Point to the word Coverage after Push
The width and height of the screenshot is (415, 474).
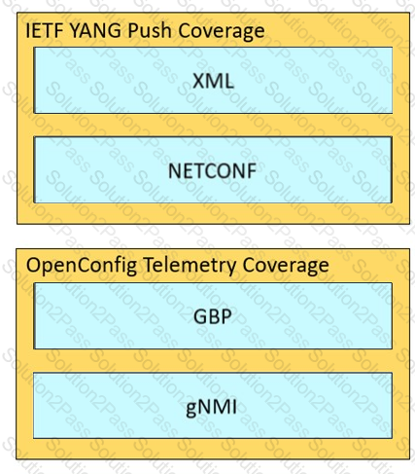222,31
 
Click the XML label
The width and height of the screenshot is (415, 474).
213,81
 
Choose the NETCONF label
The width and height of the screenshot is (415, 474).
213,170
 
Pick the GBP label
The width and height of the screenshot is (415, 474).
213,316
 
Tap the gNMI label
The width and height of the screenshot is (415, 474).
212,407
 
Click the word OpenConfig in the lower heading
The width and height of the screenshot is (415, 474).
82,266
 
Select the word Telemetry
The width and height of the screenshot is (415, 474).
190,266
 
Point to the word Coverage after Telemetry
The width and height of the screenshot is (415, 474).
286,266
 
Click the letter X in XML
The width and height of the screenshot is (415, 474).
199,81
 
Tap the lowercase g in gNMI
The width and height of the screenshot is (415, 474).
191,410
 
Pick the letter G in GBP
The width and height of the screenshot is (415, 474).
200,316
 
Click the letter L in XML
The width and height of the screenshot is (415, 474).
228,81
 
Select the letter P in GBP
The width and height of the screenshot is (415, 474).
226,316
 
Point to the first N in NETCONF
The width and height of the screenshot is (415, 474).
175,170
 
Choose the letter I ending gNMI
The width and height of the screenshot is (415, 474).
235,407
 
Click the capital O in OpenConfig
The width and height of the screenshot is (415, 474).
34,265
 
